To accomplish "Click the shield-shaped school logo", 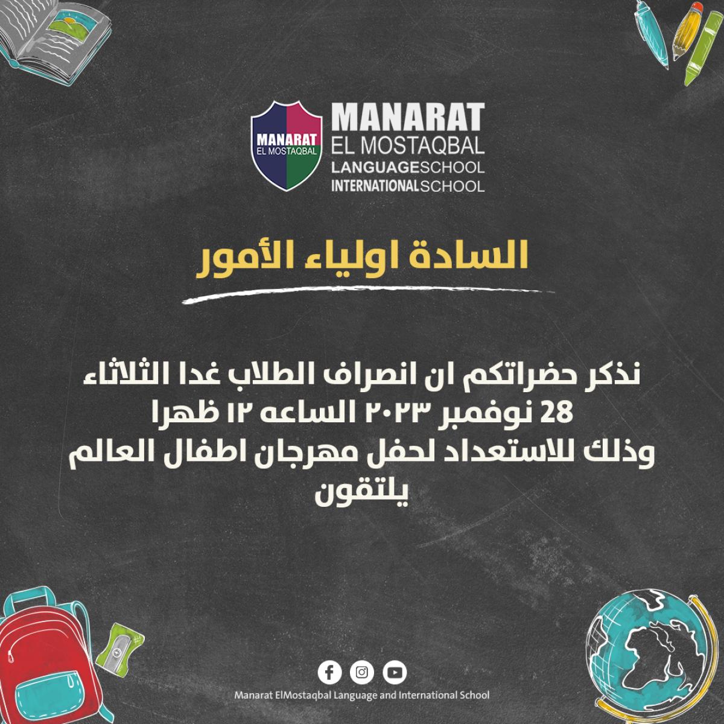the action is click(287, 146).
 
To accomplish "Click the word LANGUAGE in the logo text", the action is click(375, 168).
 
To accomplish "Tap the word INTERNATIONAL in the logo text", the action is click(375, 186).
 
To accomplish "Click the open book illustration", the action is click(54, 37).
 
